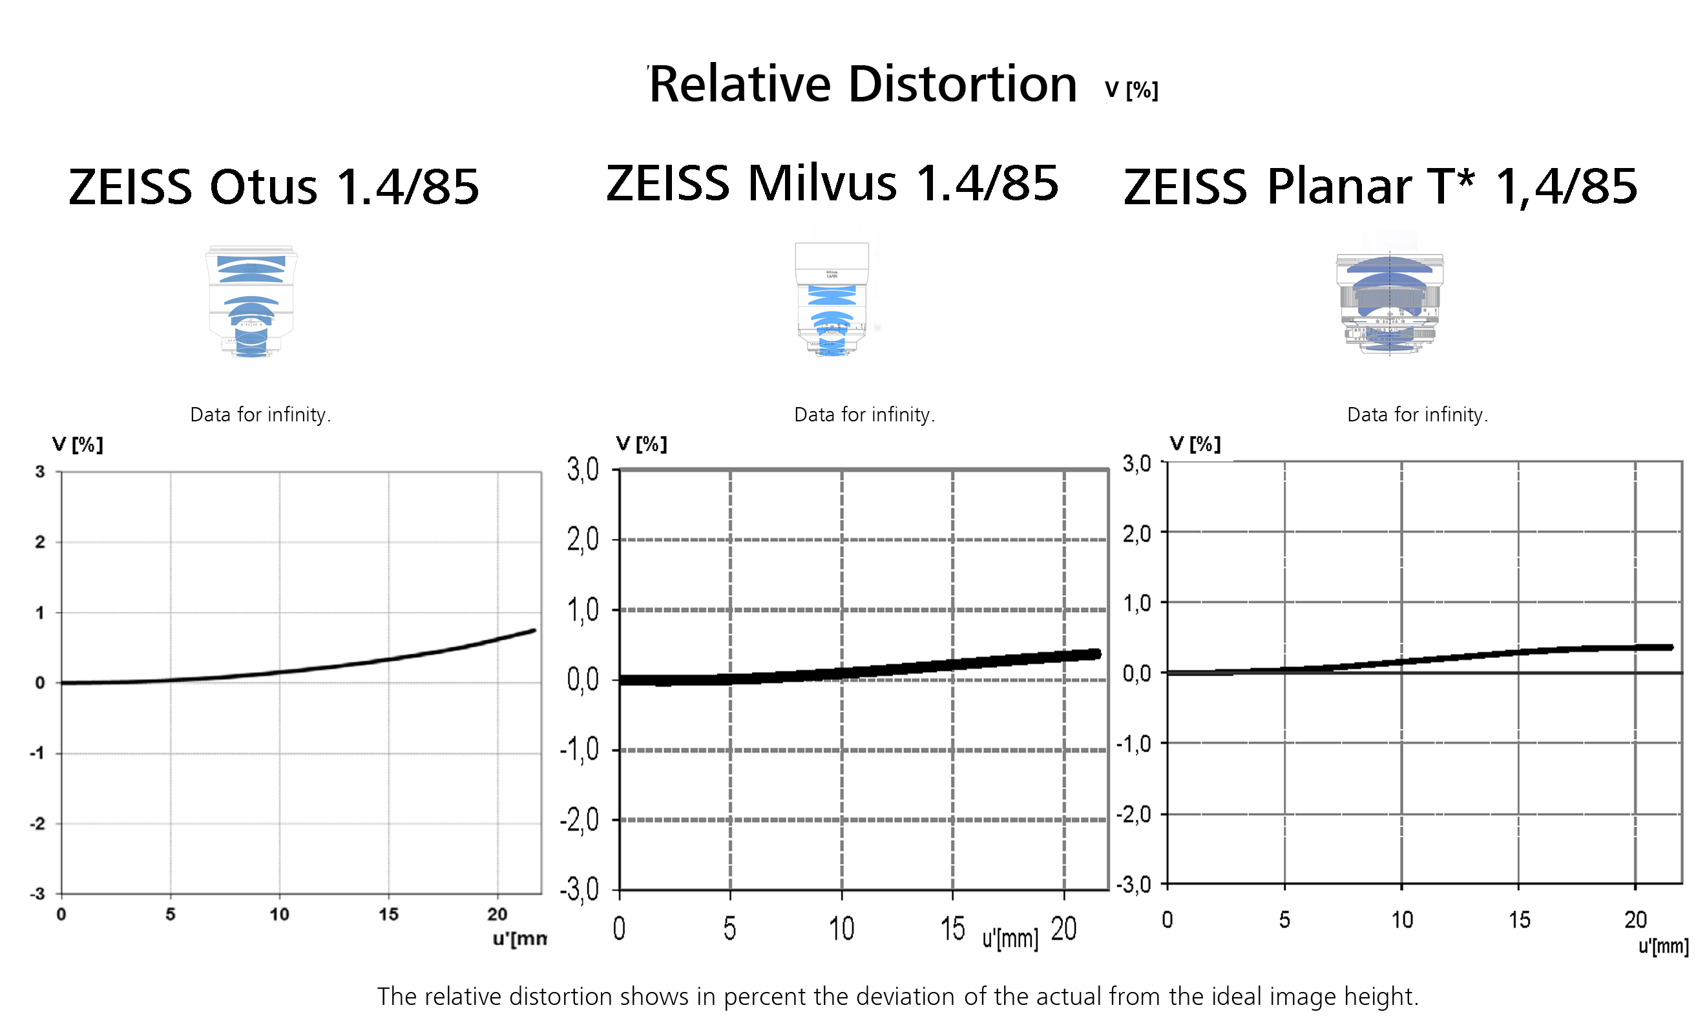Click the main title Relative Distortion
863,85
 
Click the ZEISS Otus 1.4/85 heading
274,187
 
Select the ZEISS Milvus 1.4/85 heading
832,184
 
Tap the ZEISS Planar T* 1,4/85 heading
1380,187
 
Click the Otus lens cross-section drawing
251,302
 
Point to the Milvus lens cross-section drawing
832,299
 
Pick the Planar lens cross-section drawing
1389,303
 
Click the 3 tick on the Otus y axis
40,472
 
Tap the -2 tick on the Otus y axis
38,824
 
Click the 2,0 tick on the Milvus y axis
583,540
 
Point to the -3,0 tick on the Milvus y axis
580,890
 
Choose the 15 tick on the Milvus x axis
953,929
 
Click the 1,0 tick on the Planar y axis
1136,604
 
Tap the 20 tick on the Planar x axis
1635,920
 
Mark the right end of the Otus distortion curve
534,631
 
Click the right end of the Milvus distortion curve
1096,654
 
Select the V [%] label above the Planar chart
1195,444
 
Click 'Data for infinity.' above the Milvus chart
864,414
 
